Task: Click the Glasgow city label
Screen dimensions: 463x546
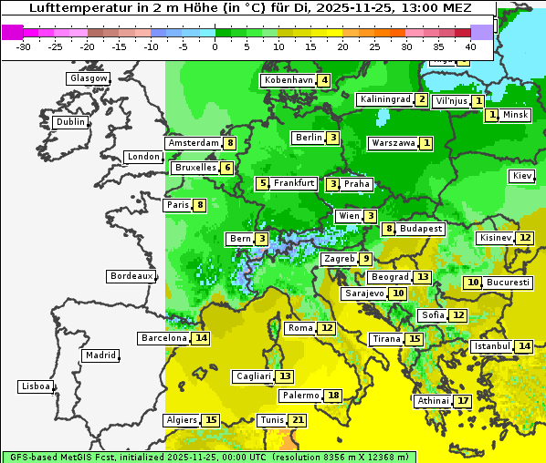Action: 89,78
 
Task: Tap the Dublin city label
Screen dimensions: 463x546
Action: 70,122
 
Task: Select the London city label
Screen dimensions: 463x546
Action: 143,157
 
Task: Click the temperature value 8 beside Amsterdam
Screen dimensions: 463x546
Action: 231,143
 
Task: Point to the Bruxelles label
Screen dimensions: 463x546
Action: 195,168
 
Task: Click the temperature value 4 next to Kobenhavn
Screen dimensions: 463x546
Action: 324,80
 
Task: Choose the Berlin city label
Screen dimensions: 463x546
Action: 309,138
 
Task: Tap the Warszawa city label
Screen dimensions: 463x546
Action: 393,143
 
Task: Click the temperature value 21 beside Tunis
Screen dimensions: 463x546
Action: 298,420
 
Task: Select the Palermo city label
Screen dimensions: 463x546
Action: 300,396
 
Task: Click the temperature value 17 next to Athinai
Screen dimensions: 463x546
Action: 463,401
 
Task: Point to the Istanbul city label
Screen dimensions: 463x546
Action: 491,346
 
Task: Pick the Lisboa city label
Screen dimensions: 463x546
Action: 36,386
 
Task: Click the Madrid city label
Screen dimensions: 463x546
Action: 100,355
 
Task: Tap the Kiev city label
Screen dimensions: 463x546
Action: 522,176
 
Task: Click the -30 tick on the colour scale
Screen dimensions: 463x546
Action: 24,46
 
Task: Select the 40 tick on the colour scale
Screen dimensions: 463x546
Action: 470,46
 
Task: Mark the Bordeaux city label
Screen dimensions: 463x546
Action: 131,276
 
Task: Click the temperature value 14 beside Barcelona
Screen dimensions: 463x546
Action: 201,338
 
